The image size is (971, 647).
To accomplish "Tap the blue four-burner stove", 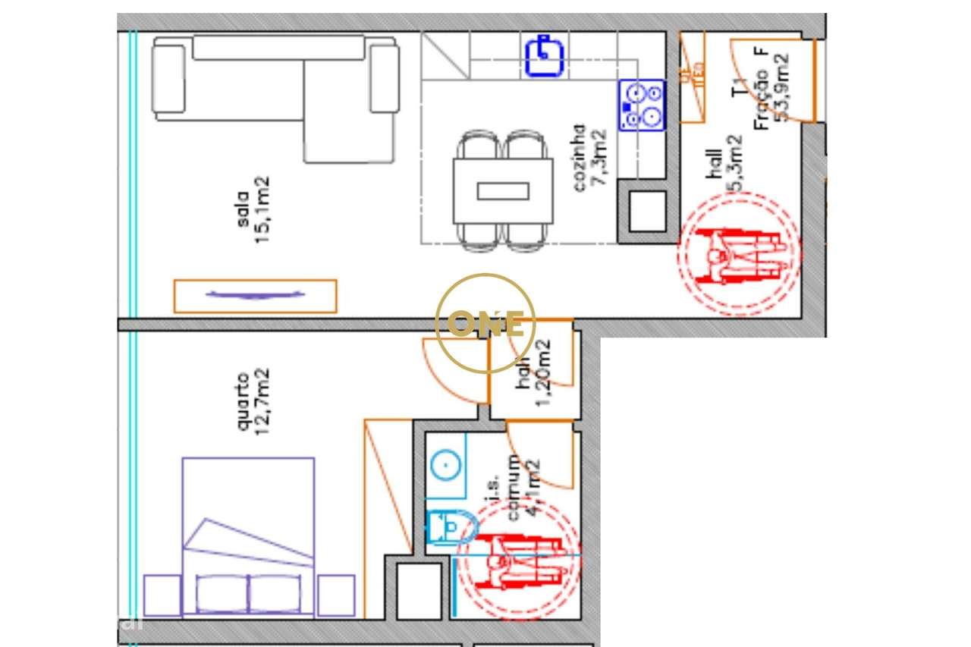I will (x=641, y=105).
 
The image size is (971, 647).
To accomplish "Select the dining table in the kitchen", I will (x=503, y=190).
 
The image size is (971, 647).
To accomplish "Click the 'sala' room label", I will (x=243, y=209).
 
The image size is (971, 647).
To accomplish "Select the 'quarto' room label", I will (x=243, y=402).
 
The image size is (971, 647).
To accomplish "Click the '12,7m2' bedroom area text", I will (x=262, y=402).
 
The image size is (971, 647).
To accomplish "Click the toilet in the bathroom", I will (x=451, y=527).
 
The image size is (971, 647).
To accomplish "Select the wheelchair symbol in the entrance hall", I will (x=737, y=254).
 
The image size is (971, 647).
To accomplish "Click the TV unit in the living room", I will (x=255, y=296).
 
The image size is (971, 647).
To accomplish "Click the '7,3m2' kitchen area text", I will (x=599, y=159).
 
